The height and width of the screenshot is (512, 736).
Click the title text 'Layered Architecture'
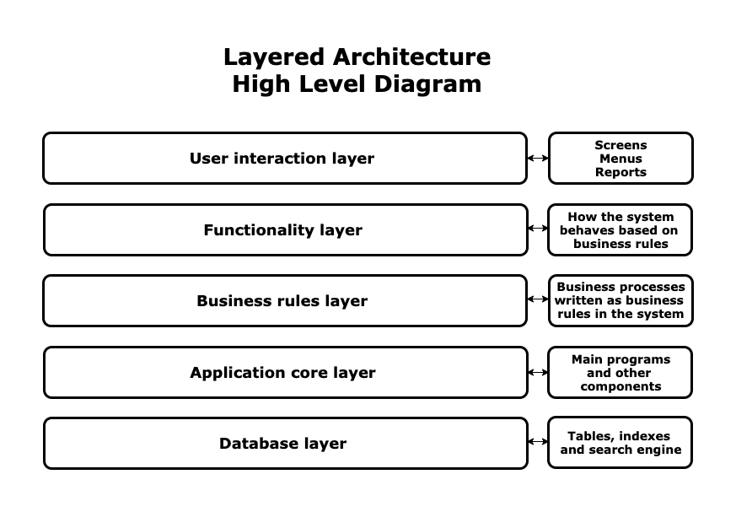(357, 57)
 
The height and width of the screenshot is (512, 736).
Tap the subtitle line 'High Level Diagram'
(357, 84)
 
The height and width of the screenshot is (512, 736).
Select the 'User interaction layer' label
(282, 159)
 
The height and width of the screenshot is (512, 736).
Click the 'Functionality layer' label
(282, 230)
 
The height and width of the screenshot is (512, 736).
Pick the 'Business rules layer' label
(282, 301)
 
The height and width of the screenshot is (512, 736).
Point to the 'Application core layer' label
(282, 373)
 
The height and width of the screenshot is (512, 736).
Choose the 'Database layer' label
(282, 444)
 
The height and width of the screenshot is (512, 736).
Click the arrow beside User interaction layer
(537, 158)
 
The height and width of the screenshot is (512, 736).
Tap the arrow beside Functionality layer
(537, 229)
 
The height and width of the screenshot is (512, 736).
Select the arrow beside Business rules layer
(537, 299)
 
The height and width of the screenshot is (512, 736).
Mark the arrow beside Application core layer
(537, 372)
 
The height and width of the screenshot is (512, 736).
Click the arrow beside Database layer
(537, 441)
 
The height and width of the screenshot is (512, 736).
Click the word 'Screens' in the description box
(620, 145)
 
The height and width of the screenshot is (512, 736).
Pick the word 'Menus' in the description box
(620, 159)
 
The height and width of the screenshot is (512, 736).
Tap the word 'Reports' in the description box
(620, 172)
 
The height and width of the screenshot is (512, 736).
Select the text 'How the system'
(620, 217)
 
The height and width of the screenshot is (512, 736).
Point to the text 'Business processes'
(620, 287)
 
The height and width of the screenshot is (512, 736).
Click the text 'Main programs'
(620, 359)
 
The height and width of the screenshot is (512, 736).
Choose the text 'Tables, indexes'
(619, 436)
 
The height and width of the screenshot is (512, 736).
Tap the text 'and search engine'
(620, 450)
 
